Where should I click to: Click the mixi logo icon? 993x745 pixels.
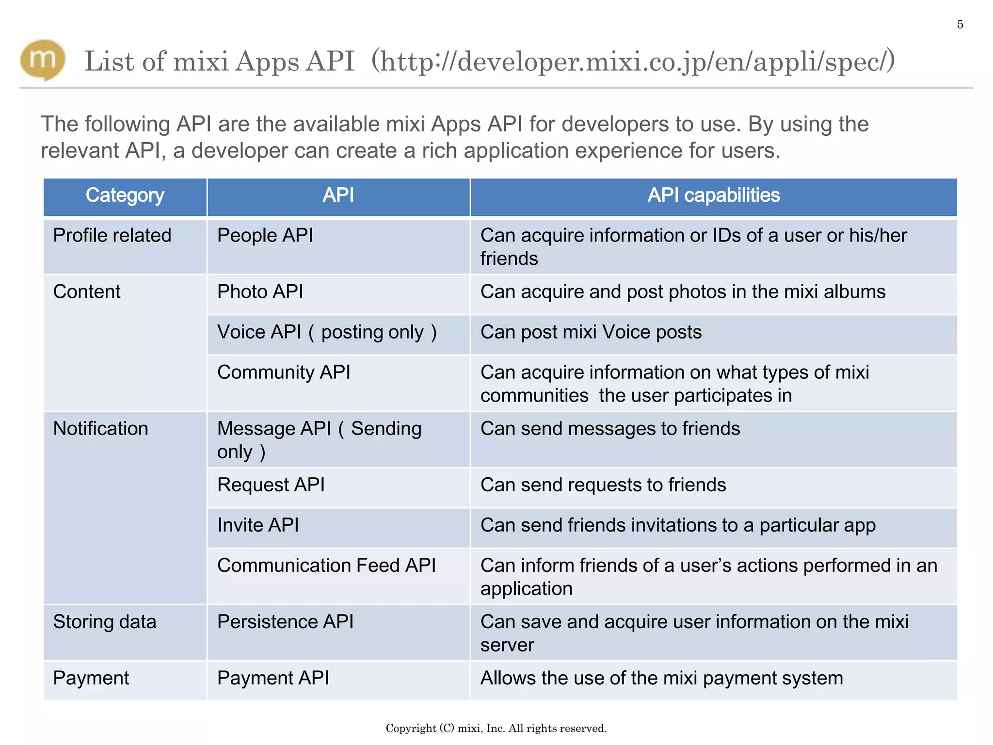43,60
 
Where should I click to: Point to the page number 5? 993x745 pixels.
960,25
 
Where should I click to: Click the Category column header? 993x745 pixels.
125,195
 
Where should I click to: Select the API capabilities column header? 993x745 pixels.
713,195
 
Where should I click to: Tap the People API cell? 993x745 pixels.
265,236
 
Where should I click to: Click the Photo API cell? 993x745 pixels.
260,292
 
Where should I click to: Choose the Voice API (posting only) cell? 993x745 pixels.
327,333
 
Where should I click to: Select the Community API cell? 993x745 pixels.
284,372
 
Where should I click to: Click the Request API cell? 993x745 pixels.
271,485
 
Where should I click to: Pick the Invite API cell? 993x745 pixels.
258,525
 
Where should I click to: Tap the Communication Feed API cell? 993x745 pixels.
326,566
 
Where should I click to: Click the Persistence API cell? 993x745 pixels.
285,622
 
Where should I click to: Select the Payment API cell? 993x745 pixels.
273,678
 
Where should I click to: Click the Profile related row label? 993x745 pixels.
112,236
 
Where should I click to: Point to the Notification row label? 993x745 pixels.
100,429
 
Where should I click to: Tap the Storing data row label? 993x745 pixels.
104,622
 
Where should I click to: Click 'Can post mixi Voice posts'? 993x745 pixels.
591,333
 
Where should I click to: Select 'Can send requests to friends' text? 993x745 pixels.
603,485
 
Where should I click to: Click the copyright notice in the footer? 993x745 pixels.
496,728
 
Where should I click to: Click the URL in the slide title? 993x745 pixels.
633,62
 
